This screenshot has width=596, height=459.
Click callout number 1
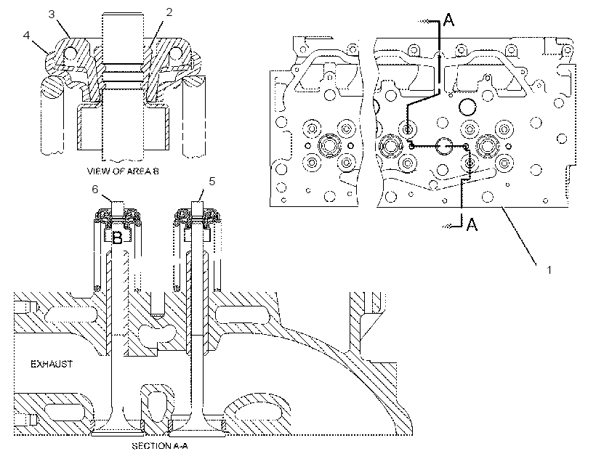click(549, 270)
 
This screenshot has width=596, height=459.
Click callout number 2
click(169, 12)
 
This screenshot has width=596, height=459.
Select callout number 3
click(52, 14)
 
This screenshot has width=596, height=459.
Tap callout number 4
click(26, 36)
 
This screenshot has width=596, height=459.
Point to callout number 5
click(212, 182)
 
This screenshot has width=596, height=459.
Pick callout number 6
click(95, 189)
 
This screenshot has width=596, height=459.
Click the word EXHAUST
click(52, 364)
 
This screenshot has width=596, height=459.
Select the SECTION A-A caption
click(160, 446)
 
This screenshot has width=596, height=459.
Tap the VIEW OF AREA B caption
click(123, 171)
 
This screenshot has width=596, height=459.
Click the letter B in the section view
click(118, 238)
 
